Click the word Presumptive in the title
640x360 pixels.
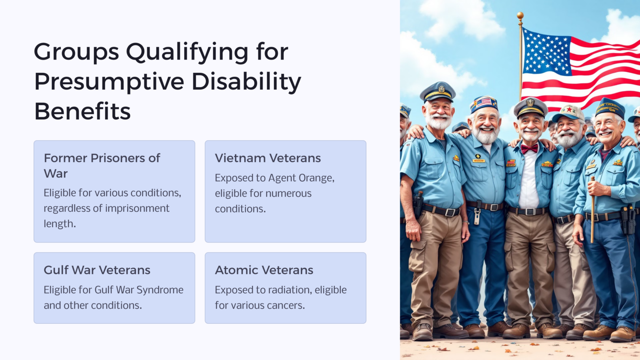click(109, 82)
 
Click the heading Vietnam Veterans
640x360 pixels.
click(267, 158)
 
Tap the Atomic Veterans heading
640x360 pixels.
click(264, 270)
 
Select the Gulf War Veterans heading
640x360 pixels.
click(97, 270)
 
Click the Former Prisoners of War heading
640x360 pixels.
click(102, 165)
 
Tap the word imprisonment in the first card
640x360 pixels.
click(140, 208)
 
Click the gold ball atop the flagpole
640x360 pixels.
click(520, 15)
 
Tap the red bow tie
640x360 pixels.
click(529, 148)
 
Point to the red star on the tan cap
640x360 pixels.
click(569, 110)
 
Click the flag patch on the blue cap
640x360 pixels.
click(483, 102)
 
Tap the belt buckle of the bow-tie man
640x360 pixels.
click(530, 212)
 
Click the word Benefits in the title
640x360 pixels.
click(82, 112)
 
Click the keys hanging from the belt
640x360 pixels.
click(477, 216)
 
